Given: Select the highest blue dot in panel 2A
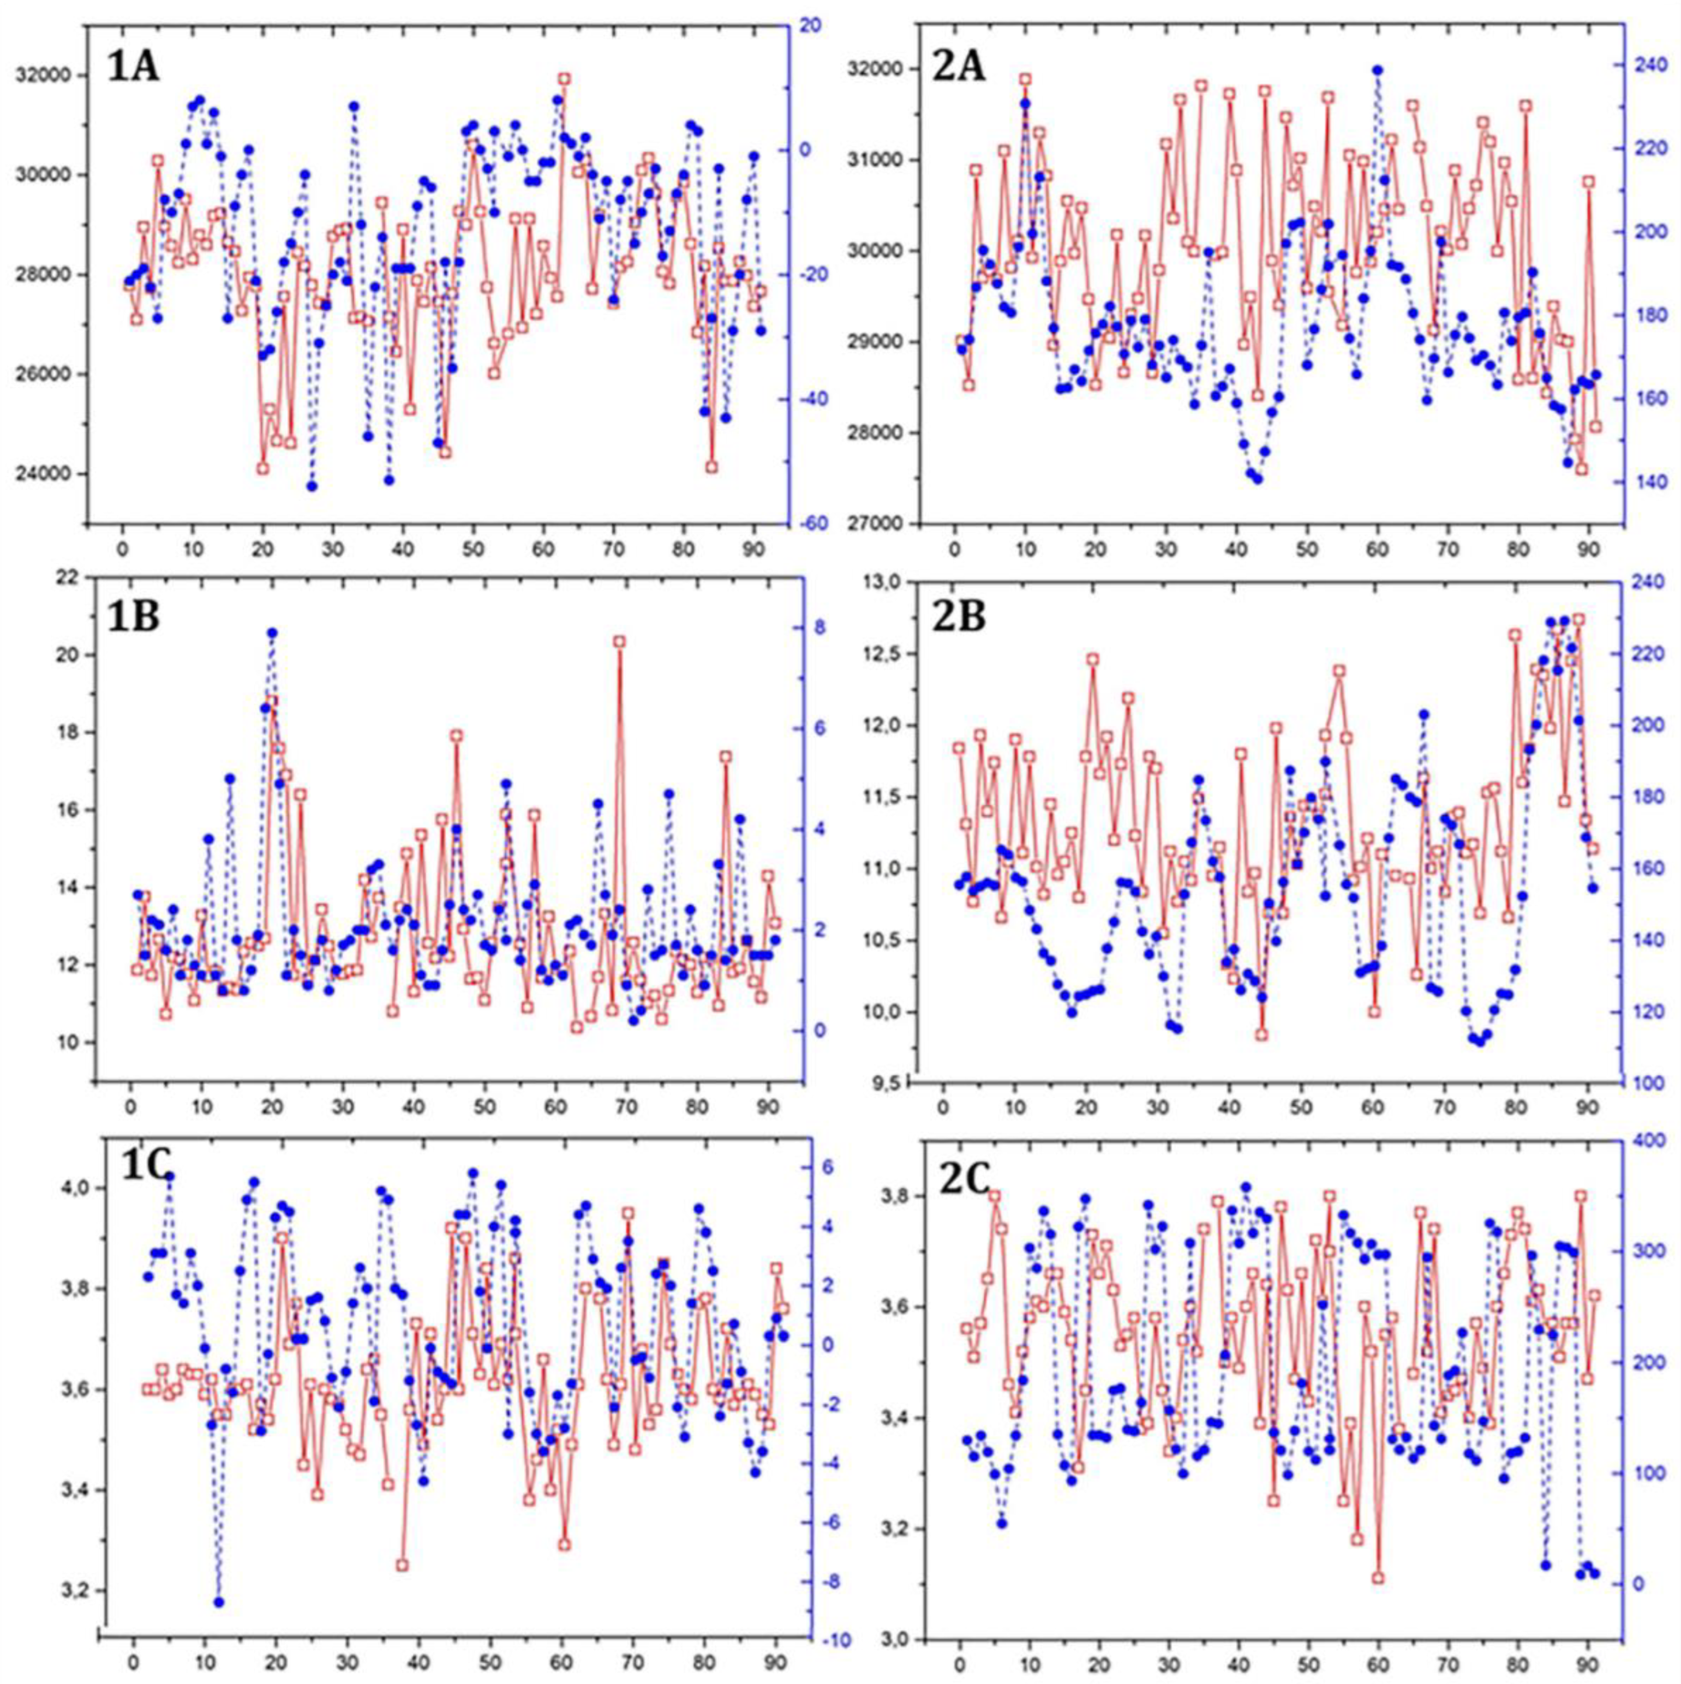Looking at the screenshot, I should tap(1378, 70).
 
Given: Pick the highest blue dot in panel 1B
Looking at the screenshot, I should tap(272, 633).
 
